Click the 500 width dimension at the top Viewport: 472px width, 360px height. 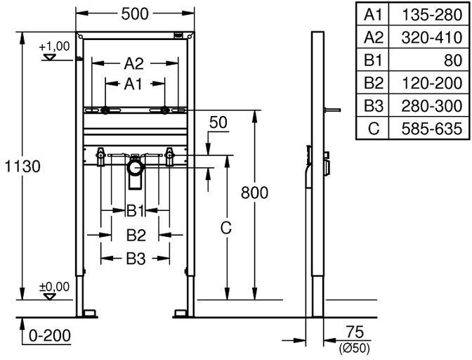135,14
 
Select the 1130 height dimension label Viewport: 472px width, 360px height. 22,167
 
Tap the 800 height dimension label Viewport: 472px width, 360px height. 254,193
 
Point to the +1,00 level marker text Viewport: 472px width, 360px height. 54,46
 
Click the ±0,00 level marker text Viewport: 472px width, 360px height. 54,287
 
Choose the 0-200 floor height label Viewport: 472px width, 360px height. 50,335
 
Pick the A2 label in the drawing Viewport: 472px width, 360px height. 134,63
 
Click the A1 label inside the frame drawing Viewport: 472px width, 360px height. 133,84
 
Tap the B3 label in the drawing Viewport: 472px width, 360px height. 136,259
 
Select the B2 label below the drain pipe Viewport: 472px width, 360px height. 136,235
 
